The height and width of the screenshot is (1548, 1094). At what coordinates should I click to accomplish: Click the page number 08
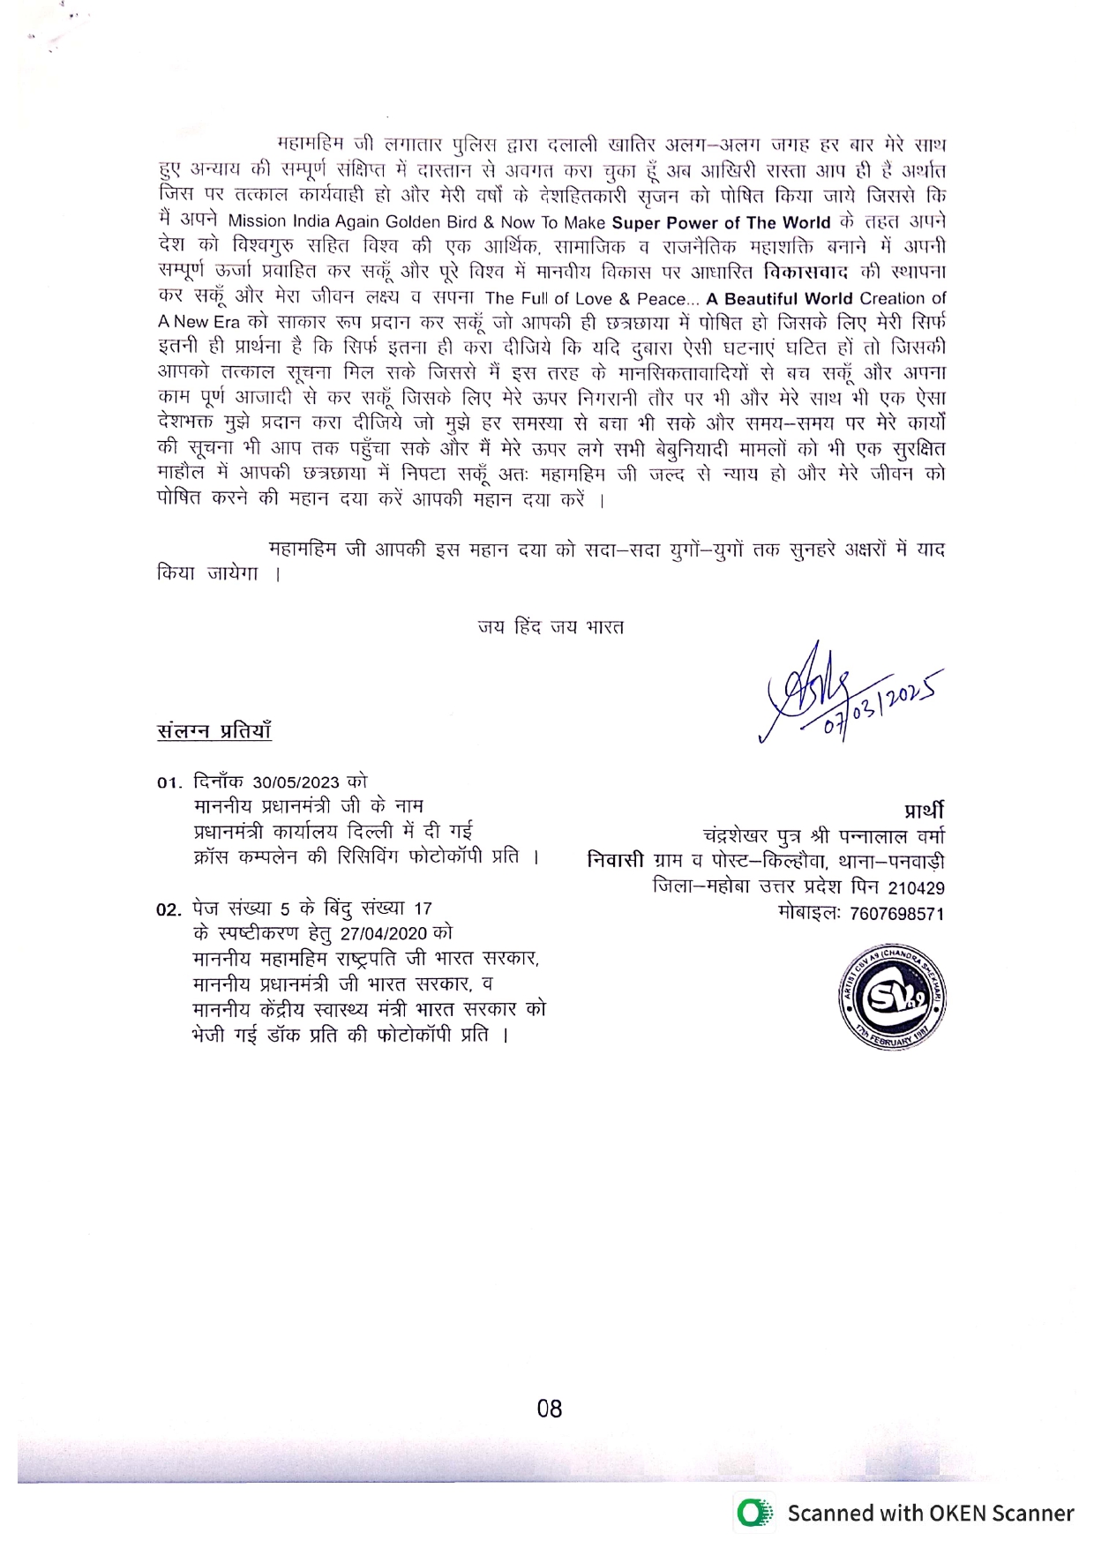pos(549,1409)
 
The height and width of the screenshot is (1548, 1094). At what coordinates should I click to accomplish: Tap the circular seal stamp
pos(892,1000)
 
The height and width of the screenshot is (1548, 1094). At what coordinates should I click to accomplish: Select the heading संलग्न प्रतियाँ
pos(214,731)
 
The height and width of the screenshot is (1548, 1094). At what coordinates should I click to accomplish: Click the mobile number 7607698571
pos(896,914)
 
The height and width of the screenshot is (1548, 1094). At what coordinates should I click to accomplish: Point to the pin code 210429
pos(916,888)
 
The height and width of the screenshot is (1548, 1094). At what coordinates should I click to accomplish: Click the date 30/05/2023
pos(296,781)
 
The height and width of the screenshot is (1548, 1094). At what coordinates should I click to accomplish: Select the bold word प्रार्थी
pos(923,810)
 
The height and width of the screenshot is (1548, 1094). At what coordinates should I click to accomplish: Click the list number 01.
pos(169,782)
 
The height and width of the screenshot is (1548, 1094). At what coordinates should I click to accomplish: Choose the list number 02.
pos(169,909)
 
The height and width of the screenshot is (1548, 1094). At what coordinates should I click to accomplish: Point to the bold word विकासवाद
pos(806,273)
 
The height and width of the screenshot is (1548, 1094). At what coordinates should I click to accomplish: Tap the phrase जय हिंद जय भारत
pos(551,627)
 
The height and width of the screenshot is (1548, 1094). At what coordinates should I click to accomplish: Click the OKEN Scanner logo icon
pos(753,1513)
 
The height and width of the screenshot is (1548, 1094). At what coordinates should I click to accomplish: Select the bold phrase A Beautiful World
pos(779,298)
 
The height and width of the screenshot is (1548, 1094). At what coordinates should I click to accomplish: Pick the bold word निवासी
pos(616,861)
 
